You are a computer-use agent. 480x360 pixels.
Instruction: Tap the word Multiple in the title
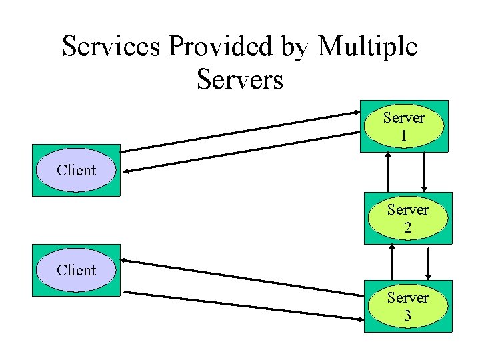[x=368, y=47]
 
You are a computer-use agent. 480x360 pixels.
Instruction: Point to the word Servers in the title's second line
[x=240, y=79]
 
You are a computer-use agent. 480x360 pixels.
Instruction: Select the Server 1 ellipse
[x=403, y=127]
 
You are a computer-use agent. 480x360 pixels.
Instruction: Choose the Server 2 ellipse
[x=407, y=218]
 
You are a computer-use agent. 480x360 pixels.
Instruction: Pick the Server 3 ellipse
[x=407, y=306]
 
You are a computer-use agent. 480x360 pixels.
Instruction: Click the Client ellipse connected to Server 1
[x=76, y=170]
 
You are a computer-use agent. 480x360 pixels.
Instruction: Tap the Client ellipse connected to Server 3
[x=76, y=270]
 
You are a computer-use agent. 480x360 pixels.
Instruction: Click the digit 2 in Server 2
[x=407, y=227]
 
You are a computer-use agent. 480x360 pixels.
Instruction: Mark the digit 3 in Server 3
[x=407, y=315]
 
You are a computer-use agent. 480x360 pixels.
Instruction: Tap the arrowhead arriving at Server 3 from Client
[x=360, y=315]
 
